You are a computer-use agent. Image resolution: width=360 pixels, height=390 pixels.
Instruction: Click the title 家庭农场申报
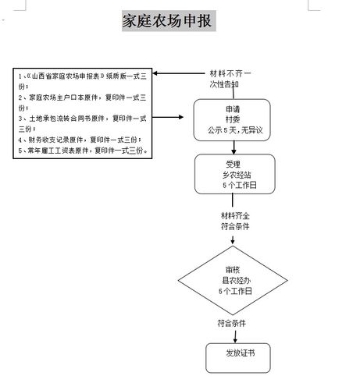166,21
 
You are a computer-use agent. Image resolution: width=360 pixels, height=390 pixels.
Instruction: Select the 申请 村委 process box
233,121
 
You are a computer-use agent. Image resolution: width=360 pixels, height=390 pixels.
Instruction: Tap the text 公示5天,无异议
233,132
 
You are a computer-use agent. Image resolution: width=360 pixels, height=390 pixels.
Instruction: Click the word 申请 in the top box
233,110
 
